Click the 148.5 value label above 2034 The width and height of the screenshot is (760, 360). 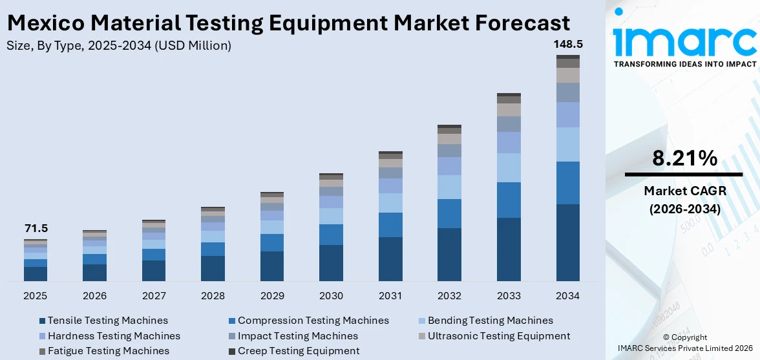[567, 45]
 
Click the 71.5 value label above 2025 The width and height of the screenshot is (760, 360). [36, 229]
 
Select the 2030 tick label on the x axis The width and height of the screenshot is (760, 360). [331, 296]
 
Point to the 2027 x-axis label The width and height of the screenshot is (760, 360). [154, 296]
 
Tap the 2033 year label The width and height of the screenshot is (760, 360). [509, 296]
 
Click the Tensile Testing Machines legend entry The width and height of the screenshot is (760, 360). [107, 321]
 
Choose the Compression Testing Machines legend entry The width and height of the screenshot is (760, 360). [313, 321]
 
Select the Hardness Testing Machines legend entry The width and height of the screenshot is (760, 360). [114, 336]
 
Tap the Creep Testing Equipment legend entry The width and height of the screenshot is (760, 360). [299, 351]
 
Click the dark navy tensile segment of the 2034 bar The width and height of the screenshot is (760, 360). [568, 242]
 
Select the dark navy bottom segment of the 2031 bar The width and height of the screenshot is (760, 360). [390, 259]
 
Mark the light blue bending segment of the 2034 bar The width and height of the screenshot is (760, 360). [568, 144]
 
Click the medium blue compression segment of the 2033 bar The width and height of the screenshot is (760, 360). [509, 200]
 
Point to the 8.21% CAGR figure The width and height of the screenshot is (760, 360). [684, 158]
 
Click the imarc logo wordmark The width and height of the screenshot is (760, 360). [684, 41]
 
